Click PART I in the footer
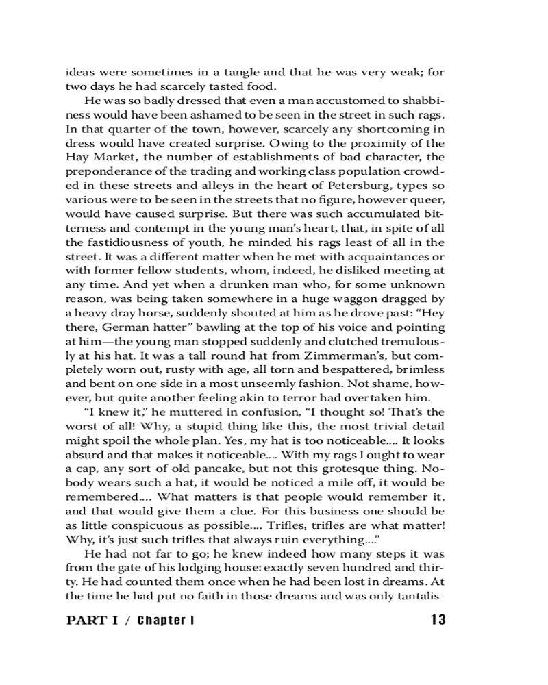[x=96, y=621]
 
